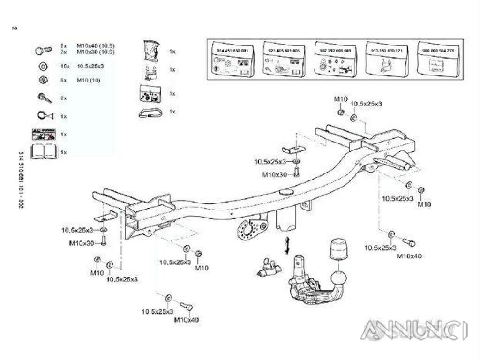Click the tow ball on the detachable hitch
pos(339,280)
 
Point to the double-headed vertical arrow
pos(287,246)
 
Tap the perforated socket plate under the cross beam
pos(249,228)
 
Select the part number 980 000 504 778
pos(435,50)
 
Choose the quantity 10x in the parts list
pos(65,66)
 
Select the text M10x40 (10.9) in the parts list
pos(96,45)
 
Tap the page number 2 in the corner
pos(14,28)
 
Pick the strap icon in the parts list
pos(150,112)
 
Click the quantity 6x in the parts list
pos(64,80)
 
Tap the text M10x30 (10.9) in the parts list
pos(96,51)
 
